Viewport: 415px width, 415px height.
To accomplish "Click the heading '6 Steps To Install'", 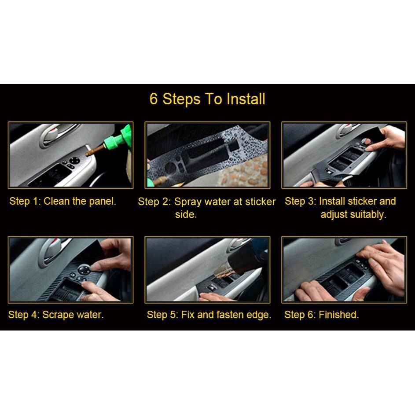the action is [207, 99].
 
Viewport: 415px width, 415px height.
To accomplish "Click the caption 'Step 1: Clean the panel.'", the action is [63, 202].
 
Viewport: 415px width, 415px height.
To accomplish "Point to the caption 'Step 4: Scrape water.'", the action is [56, 315].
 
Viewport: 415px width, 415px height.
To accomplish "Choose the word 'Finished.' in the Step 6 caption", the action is [338, 315].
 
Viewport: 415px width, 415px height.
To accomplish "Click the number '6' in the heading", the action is [154, 99].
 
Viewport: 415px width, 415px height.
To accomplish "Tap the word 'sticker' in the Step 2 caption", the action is [261, 202].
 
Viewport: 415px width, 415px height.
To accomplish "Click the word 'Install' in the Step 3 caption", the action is [332, 202].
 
